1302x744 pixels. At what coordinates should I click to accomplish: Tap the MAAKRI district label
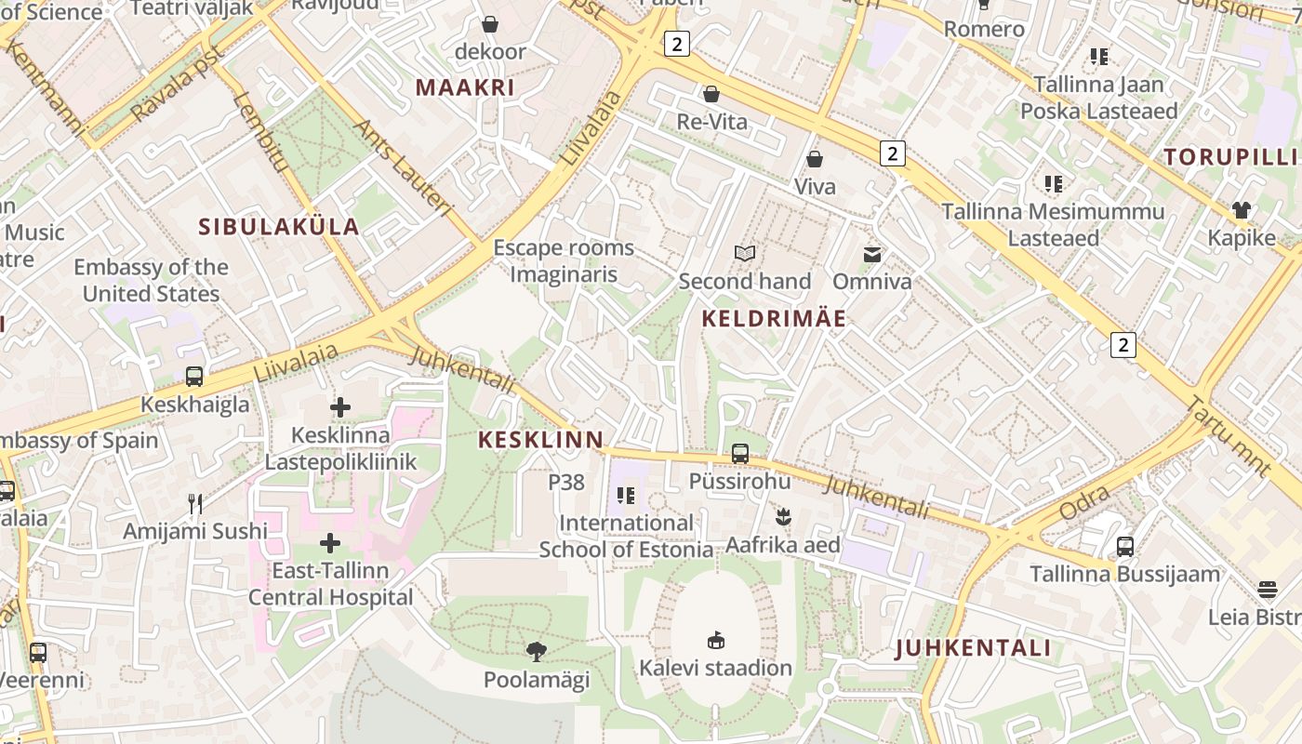tap(464, 87)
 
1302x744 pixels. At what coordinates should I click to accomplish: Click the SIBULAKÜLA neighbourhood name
tap(279, 226)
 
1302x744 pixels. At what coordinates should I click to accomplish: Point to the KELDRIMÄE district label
tap(774, 319)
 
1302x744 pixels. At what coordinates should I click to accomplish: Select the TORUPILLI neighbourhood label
tap(1230, 156)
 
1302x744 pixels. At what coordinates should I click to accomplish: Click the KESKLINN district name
tap(540, 440)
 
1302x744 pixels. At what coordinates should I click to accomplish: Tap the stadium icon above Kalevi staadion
tap(716, 640)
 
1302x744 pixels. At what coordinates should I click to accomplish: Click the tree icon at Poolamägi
tap(537, 651)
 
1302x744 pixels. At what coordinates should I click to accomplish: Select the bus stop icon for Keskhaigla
tap(194, 377)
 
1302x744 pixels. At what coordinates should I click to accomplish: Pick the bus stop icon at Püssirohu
tap(740, 454)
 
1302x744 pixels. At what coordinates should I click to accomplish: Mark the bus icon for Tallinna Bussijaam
tap(1125, 546)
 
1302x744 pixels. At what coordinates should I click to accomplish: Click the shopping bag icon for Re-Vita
tap(711, 94)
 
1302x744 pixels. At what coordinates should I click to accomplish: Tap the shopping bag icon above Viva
tap(815, 159)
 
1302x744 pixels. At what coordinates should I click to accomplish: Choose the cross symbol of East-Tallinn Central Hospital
tap(330, 543)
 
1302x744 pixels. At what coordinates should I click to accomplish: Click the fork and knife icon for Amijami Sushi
tap(195, 504)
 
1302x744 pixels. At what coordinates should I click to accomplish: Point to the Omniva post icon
tap(872, 254)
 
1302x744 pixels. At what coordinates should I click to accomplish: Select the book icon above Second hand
tap(745, 253)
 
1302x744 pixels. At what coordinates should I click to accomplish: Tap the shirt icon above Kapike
tap(1242, 210)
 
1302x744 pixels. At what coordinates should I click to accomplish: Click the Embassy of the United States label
tap(151, 280)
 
